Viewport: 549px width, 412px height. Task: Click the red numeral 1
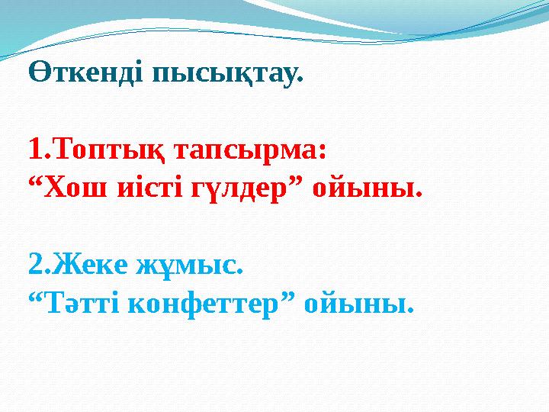click(x=34, y=150)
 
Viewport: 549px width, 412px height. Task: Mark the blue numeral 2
click(x=35, y=266)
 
